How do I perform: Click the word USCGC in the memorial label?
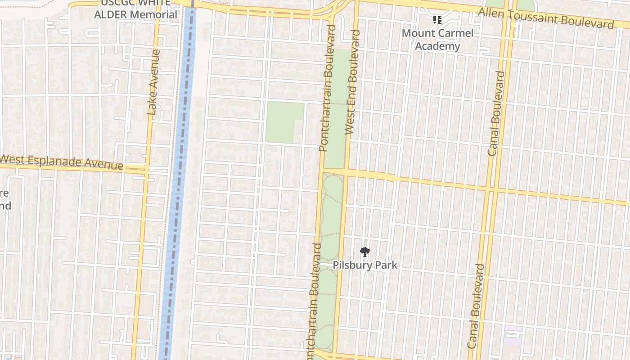click(x=116, y=3)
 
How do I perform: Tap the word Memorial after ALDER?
click(x=153, y=14)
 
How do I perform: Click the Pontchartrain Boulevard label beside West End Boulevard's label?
click(x=328, y=88)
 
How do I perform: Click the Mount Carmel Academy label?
click(x=437, y=40)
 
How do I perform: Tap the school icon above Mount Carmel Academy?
click(x=437, y=19)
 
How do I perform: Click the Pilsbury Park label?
click(x=365, y=265)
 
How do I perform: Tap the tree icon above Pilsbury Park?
click(x=365, y=252)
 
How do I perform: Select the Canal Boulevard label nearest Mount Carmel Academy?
click(x=496, y=113)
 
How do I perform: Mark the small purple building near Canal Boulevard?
click(x=513, y=335)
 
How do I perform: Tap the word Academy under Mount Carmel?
click(x=437, y=46)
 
